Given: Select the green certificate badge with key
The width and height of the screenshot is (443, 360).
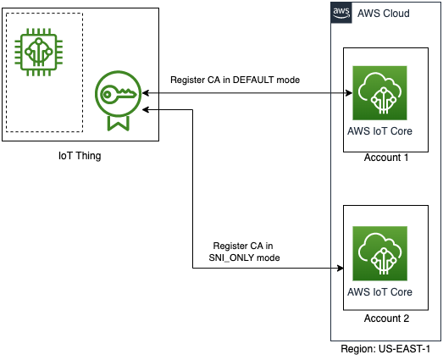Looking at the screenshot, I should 118,99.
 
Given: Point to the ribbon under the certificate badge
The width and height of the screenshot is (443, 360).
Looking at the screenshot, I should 118,122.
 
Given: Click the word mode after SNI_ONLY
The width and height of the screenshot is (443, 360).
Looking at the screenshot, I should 269,256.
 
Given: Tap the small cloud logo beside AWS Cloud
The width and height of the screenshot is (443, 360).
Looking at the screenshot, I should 341,13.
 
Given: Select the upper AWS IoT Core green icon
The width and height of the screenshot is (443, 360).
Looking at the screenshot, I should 379,94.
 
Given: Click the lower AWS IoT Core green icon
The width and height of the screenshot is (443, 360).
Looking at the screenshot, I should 379,253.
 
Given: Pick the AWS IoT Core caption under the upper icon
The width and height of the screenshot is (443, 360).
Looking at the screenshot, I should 379,131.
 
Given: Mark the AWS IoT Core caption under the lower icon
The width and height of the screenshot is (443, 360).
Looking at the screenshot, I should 379,291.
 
